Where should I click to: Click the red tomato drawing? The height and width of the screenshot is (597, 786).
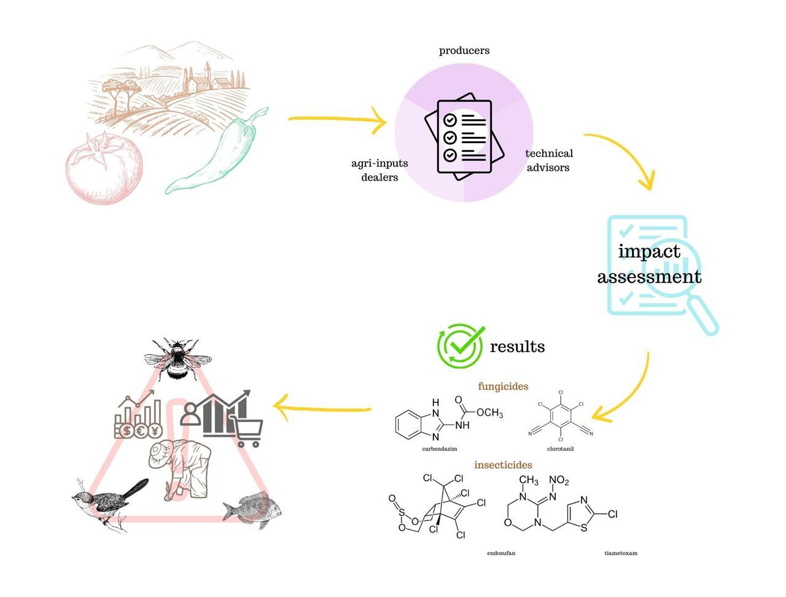pos(104,168)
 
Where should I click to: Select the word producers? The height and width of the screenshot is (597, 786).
pos(464,50)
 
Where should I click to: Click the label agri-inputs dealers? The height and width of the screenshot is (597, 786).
pos(379,170)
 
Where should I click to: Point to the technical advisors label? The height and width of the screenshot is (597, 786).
pos(548,160)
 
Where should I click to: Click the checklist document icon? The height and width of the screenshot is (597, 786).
pos(464,137)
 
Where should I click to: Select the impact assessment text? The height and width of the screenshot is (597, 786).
pos(649,264)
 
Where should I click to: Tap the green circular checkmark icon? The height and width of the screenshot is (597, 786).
pos(460,346)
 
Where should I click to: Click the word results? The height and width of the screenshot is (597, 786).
pos(517,346)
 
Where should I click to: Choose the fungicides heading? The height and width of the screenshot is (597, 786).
pos(503,386)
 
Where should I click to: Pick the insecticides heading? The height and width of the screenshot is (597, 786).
pos(503,465)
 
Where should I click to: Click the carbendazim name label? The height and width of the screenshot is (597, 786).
pos(440,449)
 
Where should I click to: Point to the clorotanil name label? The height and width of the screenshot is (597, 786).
pos(560,449)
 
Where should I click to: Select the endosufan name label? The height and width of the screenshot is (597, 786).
pos(501,553)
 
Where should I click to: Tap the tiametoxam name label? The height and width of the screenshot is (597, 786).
pos(621,553)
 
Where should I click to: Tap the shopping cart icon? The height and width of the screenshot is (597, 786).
pos(247,431)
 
